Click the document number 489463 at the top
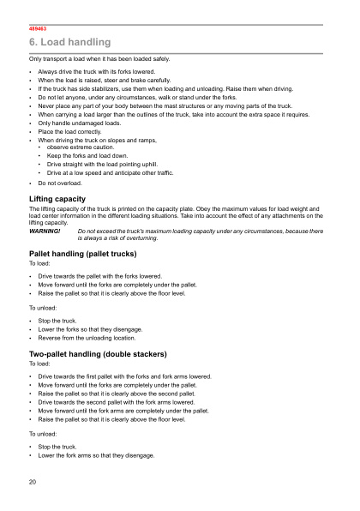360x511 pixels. (x=38, y=29)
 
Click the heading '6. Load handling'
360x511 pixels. (x=70, y=43)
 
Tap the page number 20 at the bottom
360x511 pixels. (x=33, y=483)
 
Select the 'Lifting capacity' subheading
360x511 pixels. (x=57, y=198)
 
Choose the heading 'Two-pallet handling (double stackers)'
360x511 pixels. (x=98, y=354)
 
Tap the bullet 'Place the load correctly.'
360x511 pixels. (x=69, y=131)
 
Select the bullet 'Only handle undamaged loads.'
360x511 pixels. (x=73, y=123)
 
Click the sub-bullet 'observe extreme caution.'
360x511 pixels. (x=85, y=147)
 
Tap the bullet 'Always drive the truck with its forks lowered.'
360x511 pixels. (x=96, y=72)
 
